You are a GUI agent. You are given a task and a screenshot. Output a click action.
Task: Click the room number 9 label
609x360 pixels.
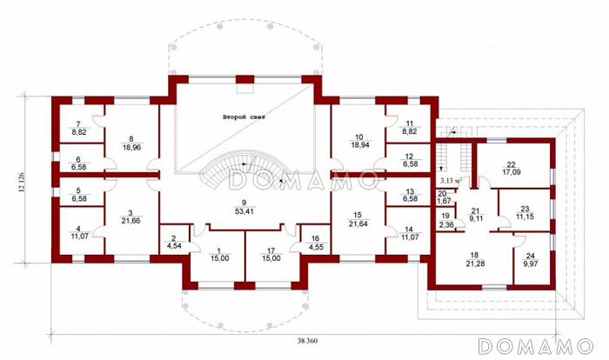click(244, 203)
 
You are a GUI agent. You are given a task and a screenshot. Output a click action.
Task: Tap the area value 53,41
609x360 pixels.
click(244, 211)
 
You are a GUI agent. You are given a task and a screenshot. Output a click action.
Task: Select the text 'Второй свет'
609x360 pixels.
click(244, 117)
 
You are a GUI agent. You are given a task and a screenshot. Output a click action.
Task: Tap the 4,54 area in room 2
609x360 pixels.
click(174, 245)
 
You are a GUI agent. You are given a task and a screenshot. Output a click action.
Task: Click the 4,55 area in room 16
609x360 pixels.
click(315, 246)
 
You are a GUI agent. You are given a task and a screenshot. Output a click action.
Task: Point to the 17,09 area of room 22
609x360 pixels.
click(511, 171)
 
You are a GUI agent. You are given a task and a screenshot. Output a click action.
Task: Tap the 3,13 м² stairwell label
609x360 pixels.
click(452, 181)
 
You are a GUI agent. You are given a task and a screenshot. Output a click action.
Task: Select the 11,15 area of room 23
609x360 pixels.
click(525, 217)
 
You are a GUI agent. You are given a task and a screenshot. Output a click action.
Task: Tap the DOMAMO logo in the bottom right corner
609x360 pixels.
click(536, 346)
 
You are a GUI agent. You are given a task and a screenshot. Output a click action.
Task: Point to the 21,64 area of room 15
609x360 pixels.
click(358, 224)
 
